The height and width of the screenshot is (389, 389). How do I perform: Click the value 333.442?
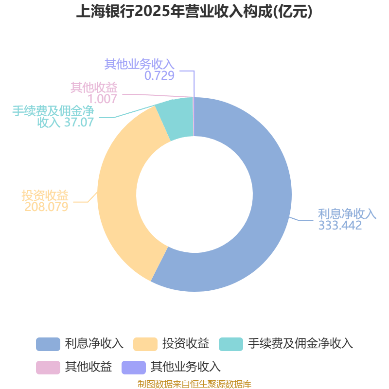pos(340,226)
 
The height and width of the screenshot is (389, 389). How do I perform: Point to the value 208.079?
pos(46,207)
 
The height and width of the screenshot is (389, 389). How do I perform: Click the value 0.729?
pos(159,75)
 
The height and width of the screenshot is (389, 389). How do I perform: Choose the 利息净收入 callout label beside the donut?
pos(347,214)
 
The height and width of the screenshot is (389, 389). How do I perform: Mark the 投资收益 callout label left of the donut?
pos(45,195)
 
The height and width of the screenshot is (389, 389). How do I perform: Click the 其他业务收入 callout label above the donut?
pos(139,64)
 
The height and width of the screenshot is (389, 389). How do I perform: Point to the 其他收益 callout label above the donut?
pos(94,88)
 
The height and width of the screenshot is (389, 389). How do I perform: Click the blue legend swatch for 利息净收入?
pos(48,344)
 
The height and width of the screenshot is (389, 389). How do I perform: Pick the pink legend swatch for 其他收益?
pos(48,367)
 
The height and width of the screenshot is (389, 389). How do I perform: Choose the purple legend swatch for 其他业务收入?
pos(133,367)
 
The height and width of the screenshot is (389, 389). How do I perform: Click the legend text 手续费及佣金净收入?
pos(300,344)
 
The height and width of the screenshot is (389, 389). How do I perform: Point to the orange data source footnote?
pos(194,384)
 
